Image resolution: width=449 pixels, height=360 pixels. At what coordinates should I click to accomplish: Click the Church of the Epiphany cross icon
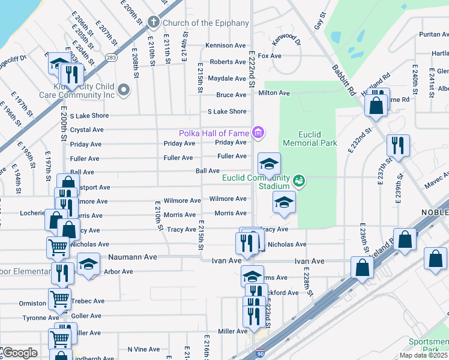[153, 23]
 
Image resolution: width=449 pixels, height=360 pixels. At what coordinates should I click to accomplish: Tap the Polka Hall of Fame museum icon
[258, 132]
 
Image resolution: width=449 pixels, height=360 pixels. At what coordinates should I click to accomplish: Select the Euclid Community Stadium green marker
[298, 180]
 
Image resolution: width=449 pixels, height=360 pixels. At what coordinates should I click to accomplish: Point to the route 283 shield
[110, 58]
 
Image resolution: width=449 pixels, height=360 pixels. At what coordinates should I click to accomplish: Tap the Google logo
[20, 353]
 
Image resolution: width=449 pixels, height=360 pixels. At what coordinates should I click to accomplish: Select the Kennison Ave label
[226, 45]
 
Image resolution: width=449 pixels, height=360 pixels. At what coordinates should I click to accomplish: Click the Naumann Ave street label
[133, 257]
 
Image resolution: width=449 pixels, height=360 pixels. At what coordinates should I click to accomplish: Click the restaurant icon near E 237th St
[398, 145]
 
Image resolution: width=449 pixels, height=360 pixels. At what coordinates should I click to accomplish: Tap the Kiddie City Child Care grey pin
[124, 90]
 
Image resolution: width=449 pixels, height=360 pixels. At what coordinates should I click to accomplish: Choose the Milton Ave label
[274, 93]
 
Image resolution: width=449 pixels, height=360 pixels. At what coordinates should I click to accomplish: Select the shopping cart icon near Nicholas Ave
[58, 246]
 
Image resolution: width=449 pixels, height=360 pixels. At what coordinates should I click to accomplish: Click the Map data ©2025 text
[424, 355]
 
